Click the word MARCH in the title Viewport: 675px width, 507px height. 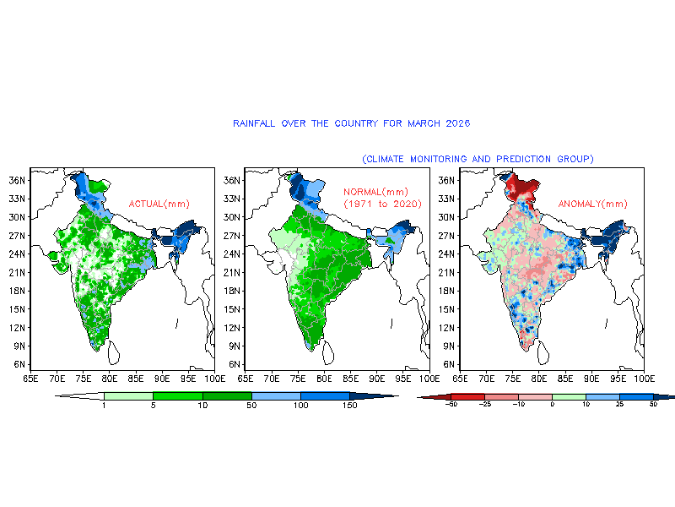(x=424, y=123)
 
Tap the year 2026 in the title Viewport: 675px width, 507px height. (x=457, y=123)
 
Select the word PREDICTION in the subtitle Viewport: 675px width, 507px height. (x=523, y=159)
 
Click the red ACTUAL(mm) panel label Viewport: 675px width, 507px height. (x=159, y=204)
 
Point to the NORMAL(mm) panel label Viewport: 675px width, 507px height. (x=375, y=192)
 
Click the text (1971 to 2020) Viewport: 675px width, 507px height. (x=382, y=204)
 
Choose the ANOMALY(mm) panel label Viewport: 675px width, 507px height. (x=592, y=204)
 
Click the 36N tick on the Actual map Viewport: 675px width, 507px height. (x=17, y=180)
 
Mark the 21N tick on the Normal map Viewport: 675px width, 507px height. (x=231, y=272)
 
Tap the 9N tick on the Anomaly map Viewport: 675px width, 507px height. (x=449, y=346)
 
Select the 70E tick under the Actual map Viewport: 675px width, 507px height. (x=57, y=379)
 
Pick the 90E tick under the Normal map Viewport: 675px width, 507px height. (x=376, y=379)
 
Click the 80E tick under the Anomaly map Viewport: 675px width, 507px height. (x=539, y=379)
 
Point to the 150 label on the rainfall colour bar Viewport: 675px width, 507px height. (x=350, y=406)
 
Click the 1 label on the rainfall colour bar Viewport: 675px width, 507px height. (x=104, y=406)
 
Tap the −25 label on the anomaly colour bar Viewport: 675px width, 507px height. (x=484, y=405)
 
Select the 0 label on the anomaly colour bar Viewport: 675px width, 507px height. (x=553, y=405)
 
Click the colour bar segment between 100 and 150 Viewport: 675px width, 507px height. (x=325, y=395)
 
